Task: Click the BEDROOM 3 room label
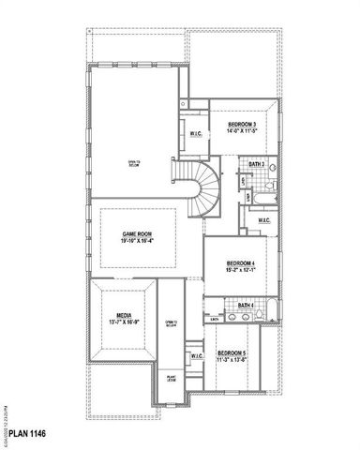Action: pos(243,125)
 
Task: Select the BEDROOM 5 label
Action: pos(232,352)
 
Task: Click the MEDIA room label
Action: pos(124,316)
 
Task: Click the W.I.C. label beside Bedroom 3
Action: pos(197,132)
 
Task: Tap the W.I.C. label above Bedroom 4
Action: pos(263,221)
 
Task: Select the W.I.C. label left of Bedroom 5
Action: pos(197,356)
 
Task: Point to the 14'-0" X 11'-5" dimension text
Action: pos(243,133)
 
